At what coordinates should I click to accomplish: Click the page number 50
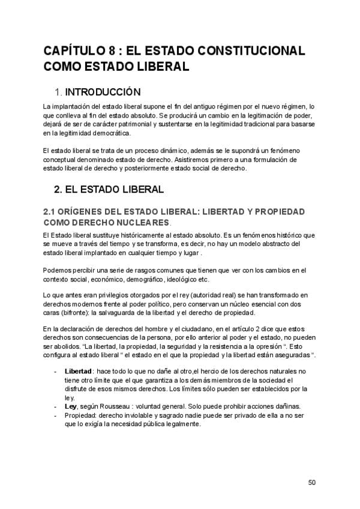[x=311, y=482]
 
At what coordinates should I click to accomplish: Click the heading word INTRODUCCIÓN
[x=103, y=92]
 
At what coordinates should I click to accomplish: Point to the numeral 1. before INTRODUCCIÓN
[x=58, y=92]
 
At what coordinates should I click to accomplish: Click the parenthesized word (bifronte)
[x=73, y=312]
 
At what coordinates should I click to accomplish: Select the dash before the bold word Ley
[x=56, y=406]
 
